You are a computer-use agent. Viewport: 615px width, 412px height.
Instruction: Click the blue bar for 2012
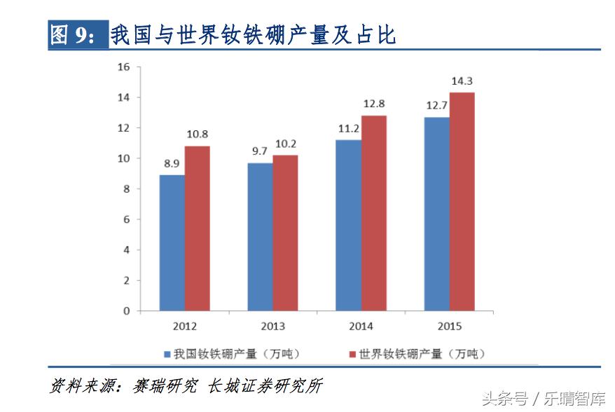pyautogui.click(x=172, y=242)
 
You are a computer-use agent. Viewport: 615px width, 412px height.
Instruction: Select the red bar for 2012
pyautogui.click(x=198, y=228)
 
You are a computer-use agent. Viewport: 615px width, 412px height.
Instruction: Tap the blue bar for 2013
pyautogui.click(x=260, y=237)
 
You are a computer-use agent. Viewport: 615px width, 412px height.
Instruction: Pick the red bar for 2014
pyautogui.click(x=374, y=213)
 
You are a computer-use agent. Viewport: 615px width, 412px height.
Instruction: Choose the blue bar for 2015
pyautogui.click(x=436, y=214)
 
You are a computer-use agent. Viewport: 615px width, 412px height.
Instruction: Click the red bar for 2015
pyautogui.click(x=462, y=202)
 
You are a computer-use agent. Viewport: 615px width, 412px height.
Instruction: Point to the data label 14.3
pyautogui.click(x=462, y=81)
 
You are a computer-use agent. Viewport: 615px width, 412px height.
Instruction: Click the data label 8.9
pyautogui.click(x=172, y=163)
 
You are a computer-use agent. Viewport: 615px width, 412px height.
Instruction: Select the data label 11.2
pyautogui.click(x=348, y=128)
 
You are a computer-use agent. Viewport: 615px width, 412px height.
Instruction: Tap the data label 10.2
pyautogui.click(x=286, y=144)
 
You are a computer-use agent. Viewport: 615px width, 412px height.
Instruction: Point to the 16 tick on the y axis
pyautogui.click(x=124, y=67)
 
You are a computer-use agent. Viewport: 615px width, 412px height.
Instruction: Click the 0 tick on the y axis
pyautogui.click(x=127, y=311)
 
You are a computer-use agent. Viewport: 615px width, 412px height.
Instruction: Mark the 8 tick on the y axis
pyautogui.click(x=127, y=189)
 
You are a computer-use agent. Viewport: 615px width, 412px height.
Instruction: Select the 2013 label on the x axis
pyautogui.click(x=273, y=327)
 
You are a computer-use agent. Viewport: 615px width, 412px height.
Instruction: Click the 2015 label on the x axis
pyautogui.click(x=449, y=327)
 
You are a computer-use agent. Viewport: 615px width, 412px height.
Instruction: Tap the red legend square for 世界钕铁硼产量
pyautogui.click(x=353, y=354)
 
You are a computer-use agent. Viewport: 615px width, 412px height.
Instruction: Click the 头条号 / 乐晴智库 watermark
pyautogui.click(x=544, y=399)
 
